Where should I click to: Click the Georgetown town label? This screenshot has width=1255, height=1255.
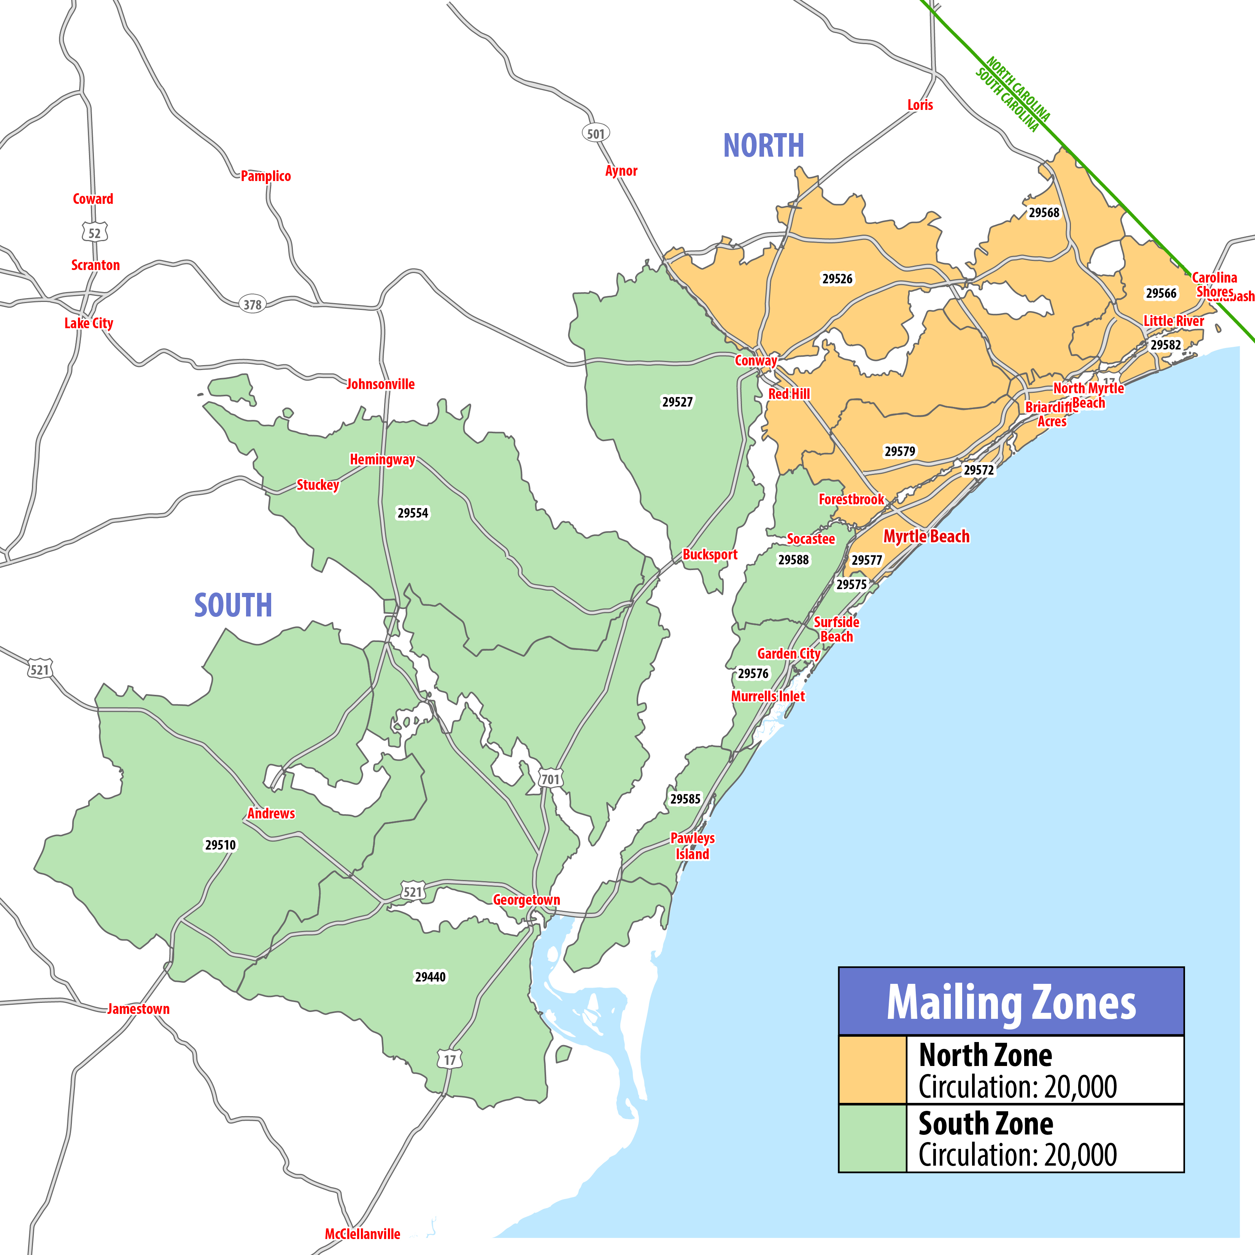[x=526, y=900]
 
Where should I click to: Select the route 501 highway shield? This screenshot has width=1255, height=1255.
[x=596, y=134]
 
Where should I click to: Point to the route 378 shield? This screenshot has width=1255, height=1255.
[x=252, y=304]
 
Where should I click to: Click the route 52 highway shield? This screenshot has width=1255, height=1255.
[x=95, y=232]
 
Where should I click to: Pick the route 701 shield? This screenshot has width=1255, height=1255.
[x=550, y=779]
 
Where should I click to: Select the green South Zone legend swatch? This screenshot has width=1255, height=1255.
[x=872, y=1138]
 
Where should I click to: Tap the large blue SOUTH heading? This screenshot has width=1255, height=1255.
[x=233, y=605]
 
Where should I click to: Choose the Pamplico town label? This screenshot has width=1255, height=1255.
[x=266, y=176]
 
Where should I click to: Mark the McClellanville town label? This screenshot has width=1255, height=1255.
[x=362, y=1234]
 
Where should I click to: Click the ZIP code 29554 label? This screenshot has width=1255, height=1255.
[x=413, y=513]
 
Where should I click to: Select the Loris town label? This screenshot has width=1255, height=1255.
[x=920, y=105]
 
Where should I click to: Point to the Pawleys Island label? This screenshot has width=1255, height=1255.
[x=693, y=846]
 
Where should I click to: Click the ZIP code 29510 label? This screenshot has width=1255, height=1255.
[x=220, y=844]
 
